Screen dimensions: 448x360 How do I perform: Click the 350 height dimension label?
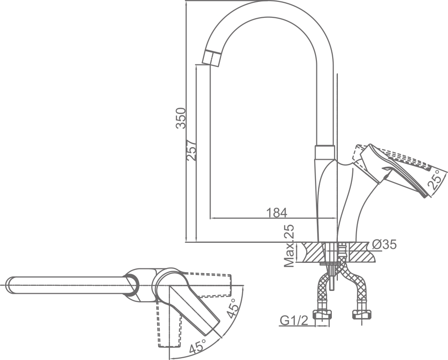pos(181,118)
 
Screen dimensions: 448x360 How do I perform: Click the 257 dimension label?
pos(191,150)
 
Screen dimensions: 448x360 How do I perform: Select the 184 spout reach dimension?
pos(277,213)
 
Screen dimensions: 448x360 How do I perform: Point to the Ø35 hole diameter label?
pos(385,244)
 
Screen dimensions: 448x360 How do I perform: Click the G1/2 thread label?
pos(294,321)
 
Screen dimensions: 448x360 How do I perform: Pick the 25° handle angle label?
pos(434,180)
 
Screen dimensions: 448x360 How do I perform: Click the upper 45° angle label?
pos(232,309)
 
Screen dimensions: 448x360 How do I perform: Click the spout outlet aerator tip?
pos(212,58)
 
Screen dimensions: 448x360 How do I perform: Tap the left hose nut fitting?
pos(323,315)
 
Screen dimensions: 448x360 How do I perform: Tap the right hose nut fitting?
pos(362,315)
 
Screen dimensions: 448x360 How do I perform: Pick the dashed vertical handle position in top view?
pos(169,325)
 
